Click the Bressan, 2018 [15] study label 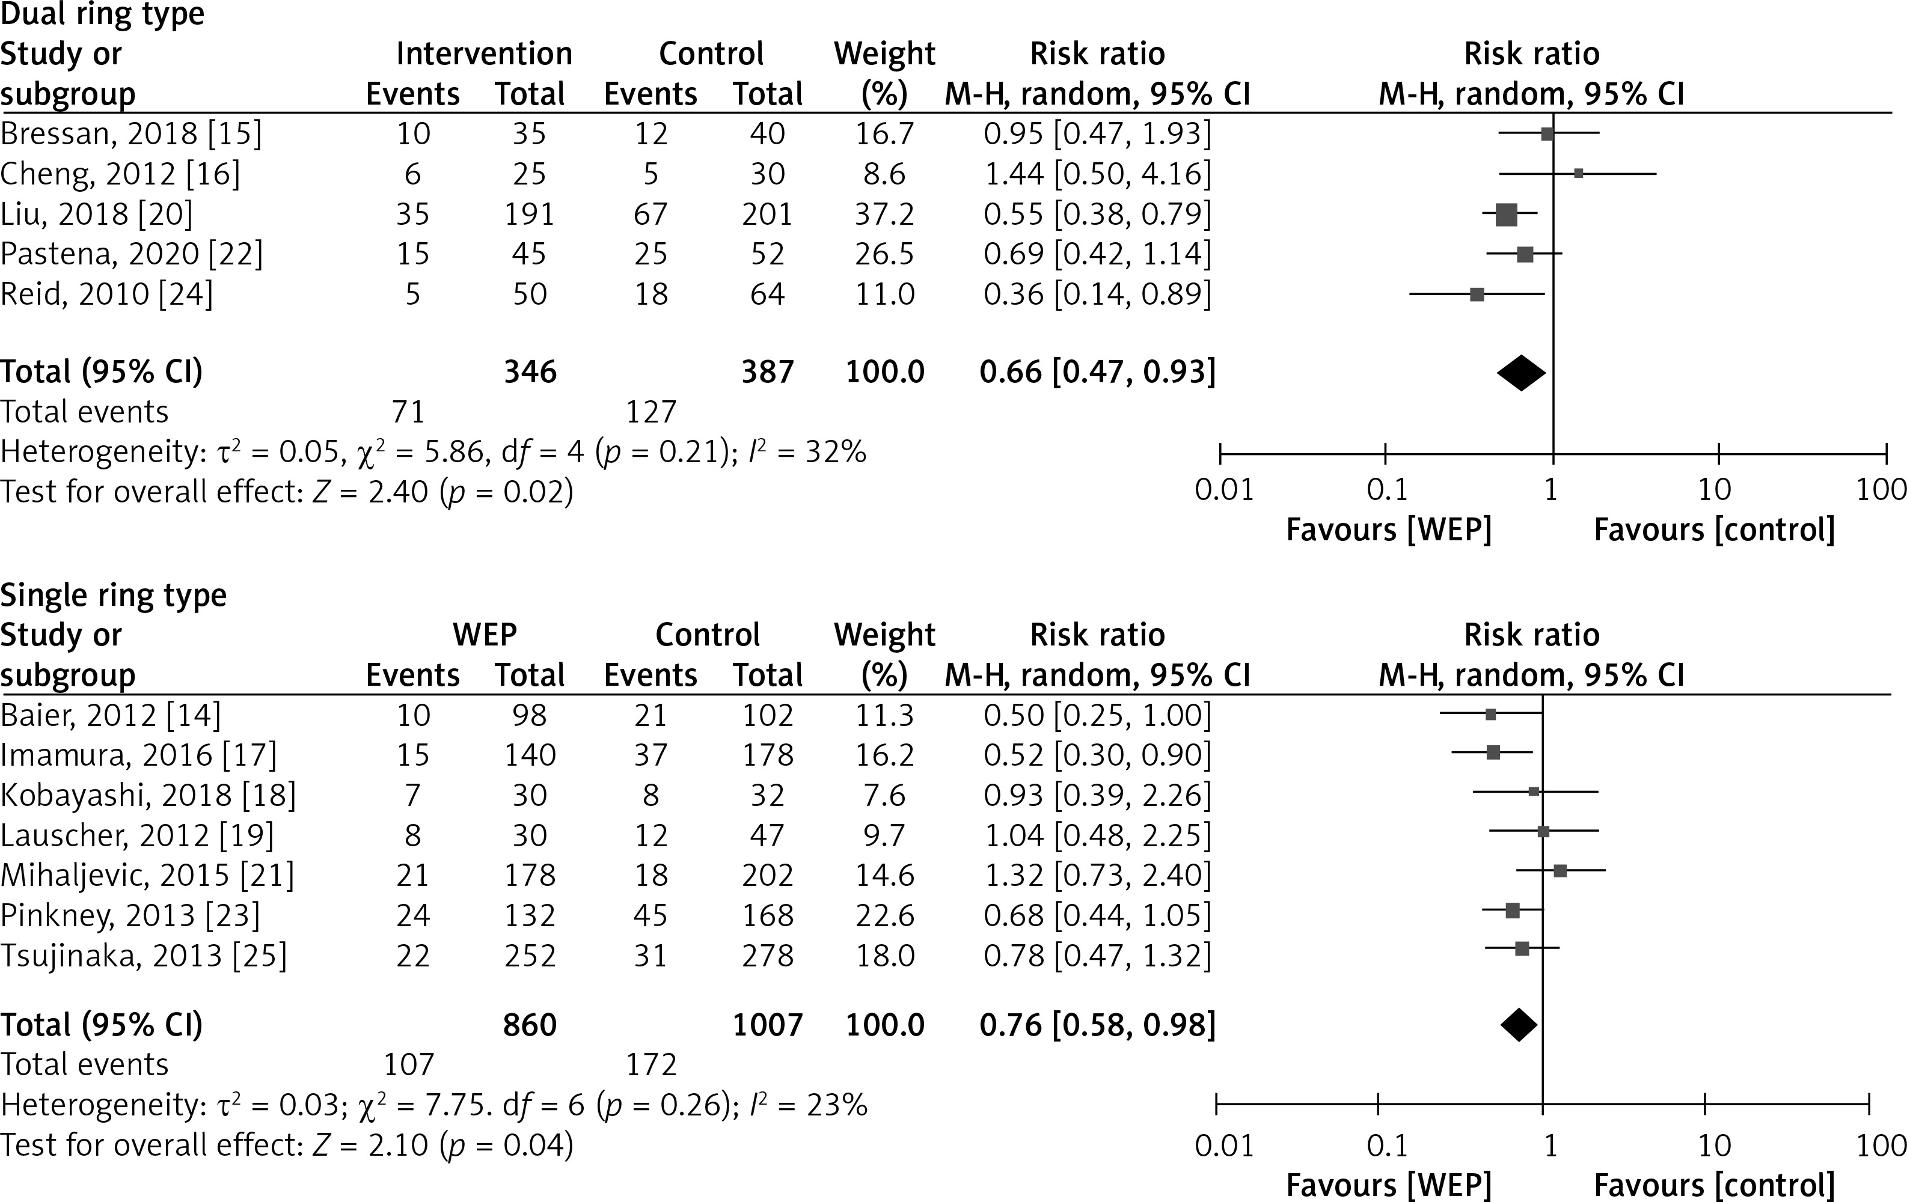(x=130, y=134)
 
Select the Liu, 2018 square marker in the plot (x=1506, y=214)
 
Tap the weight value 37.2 (x=884, y=214)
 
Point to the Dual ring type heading (x=102, y=14)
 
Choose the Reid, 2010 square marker (x=1477, y=294)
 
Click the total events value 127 (x=651, y=412)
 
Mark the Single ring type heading (x=113, y=594)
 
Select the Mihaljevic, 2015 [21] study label (x=147, y=875)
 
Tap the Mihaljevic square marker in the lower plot (x=1560, y=871)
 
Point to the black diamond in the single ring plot (x=1519, y=1025)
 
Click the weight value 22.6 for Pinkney (x=884, y=915)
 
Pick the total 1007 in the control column (x=767, y=1025)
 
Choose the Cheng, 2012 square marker (x=1578, y=174)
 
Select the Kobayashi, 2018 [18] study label (x=148, y=795)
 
